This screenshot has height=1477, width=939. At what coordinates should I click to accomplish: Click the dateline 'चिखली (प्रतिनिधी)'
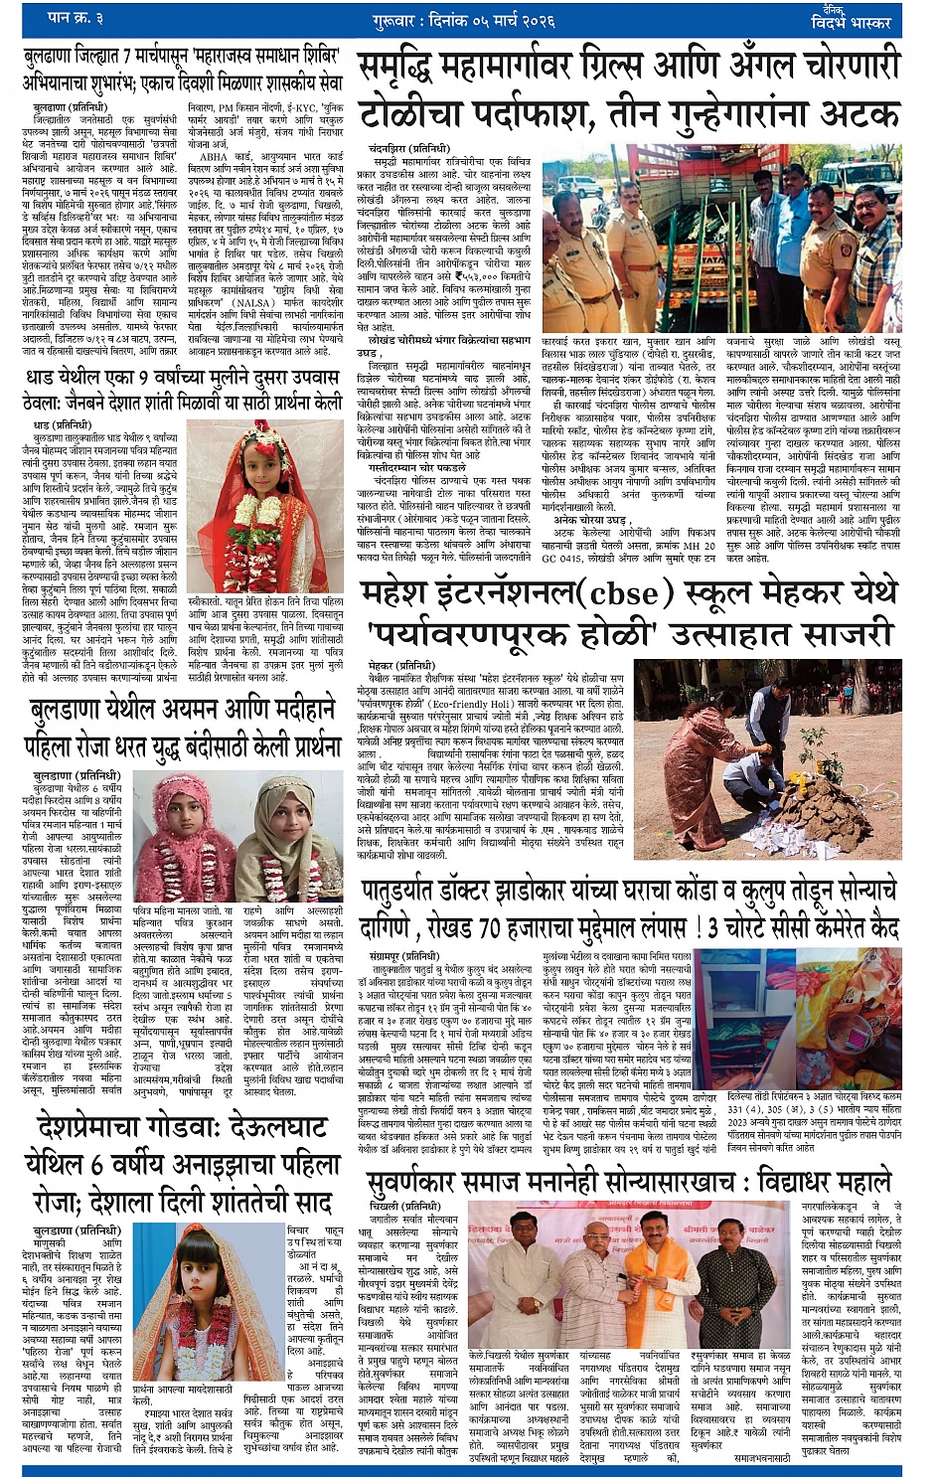pos(397,1206)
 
